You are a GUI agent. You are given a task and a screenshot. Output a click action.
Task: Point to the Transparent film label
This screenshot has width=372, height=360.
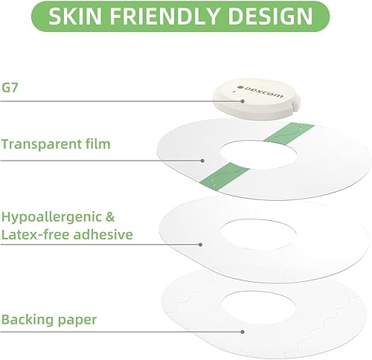[55, 143]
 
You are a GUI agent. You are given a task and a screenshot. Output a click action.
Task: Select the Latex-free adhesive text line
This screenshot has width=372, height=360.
[66, 235]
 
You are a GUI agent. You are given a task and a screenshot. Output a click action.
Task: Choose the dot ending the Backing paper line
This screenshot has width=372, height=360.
[243, 332]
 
